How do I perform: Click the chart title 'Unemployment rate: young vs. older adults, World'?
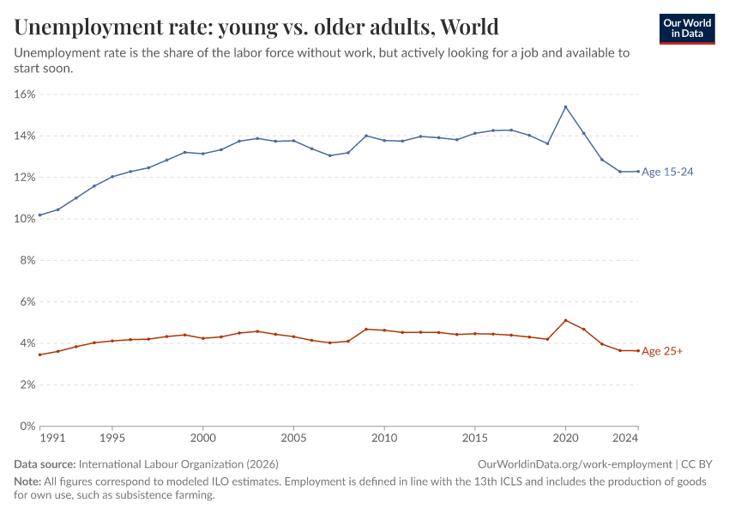[x=256, y=27]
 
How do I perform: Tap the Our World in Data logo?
[x=686, y=28]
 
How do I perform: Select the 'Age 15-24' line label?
[x=667, y=172]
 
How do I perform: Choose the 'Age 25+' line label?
[x=662, y=351]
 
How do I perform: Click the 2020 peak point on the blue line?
[x=565, y=106]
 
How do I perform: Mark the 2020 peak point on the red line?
[x=565, y=320]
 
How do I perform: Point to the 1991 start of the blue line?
[x=39, y=215]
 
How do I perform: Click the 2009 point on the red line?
[x=366, y=329]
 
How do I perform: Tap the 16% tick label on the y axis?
[x=24, y=94]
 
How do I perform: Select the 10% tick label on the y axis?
[x=24, y=219]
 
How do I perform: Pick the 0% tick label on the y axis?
[x=27, y=426]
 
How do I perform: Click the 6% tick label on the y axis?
[x=27, y=302]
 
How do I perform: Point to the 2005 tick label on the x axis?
[x=293, y=439]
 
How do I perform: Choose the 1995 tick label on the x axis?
[x=111, y=439]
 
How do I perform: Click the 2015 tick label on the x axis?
[x=474, y=439]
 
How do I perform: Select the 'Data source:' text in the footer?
[x=44, y=463]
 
